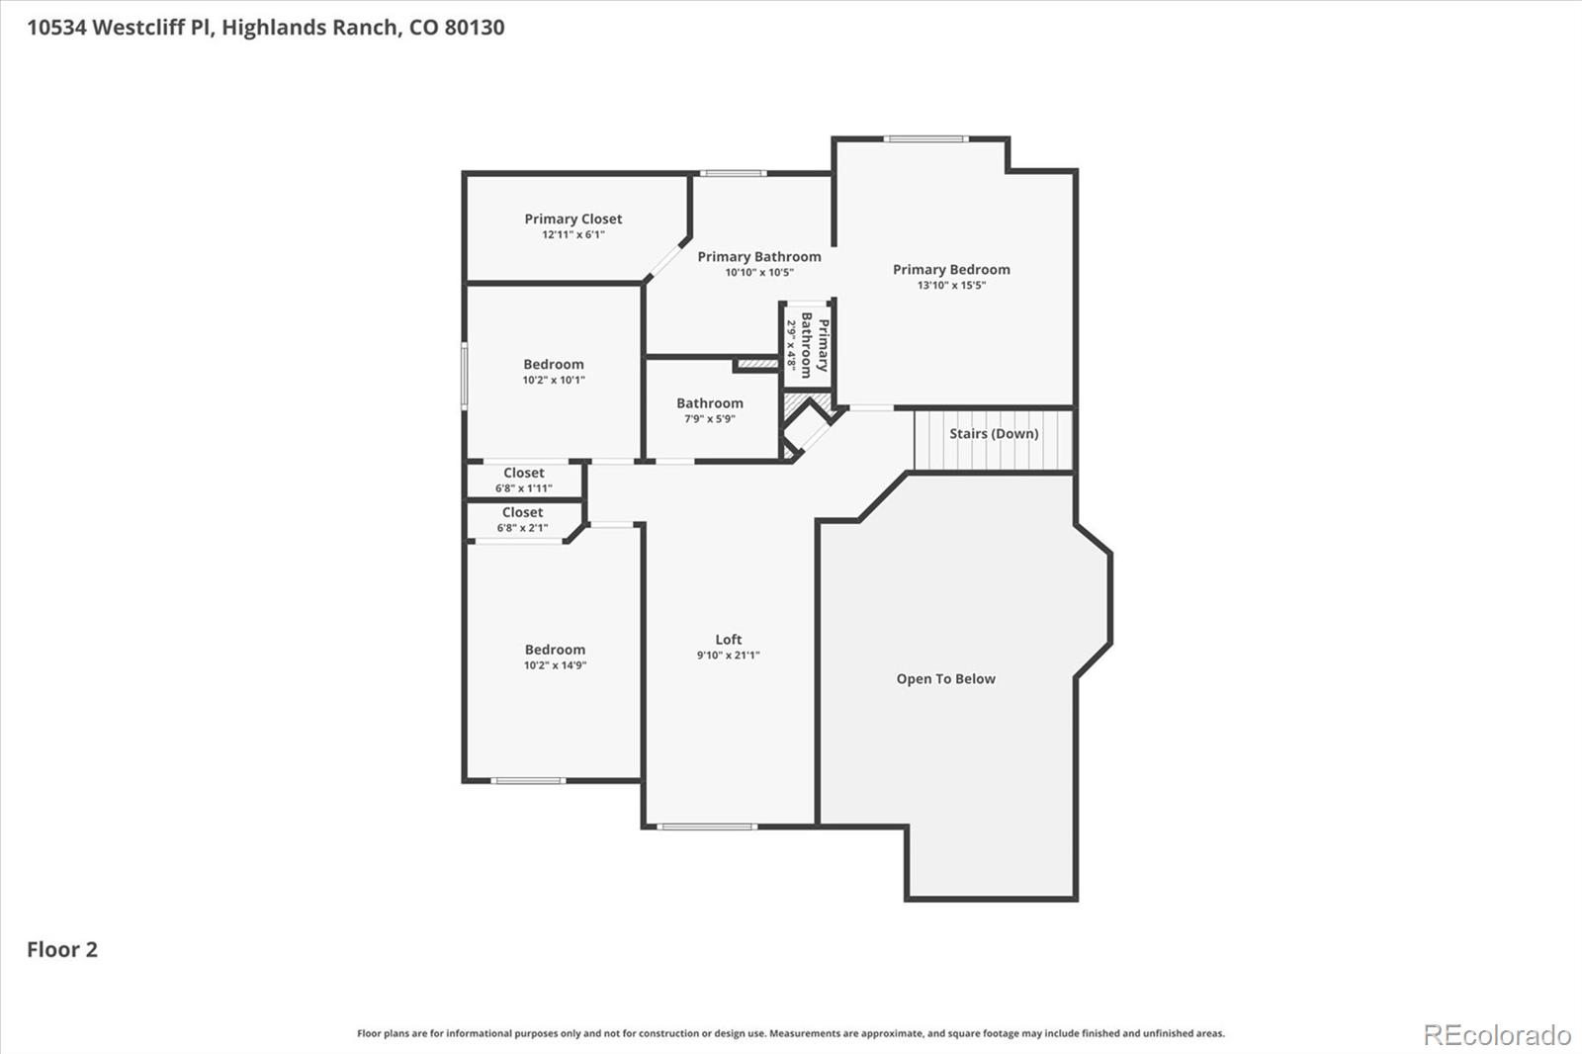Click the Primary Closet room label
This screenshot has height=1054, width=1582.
pos(572,219)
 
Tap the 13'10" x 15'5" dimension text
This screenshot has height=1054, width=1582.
pos(951,286)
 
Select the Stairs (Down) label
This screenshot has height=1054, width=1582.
pos(994,433)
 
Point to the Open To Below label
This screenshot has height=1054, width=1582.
pos(945,679)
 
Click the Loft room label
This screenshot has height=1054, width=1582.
pos(728,640)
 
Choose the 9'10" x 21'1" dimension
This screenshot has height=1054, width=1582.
pos(728,656)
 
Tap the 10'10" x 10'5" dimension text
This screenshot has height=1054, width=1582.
pos(759,273)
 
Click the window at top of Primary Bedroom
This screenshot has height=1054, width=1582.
pos(925,139)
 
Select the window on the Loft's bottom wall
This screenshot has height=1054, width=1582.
pos(707,827)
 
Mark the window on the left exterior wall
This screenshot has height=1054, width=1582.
pos(464,375)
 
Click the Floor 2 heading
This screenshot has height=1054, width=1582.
pos(62,949)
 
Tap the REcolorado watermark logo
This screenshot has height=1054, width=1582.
pos(1497,1035)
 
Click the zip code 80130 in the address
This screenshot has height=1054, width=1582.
pos(475,28)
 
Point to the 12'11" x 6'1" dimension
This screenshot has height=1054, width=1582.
pos(573,235)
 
